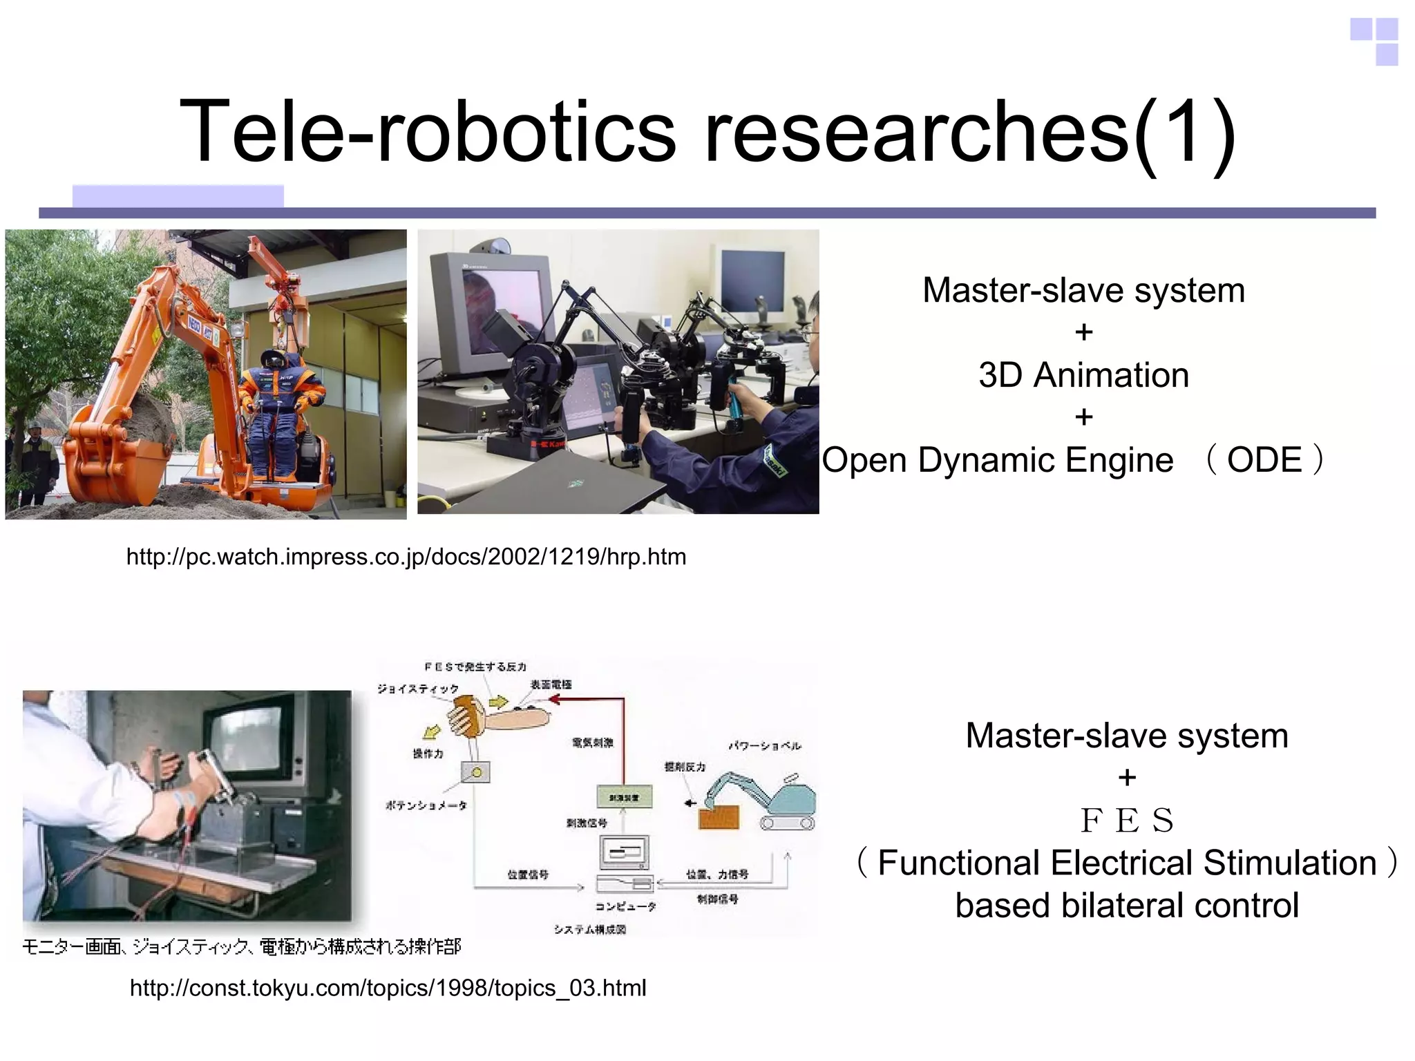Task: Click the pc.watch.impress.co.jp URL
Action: coord(406,557)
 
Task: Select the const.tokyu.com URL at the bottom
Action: coord(388,988)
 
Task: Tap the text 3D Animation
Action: coord(1083,375)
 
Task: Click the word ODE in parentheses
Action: coord(1264,460)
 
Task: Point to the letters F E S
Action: coord(1127,821)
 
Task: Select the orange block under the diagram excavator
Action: coord(719,818)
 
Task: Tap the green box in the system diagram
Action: coord(624,796)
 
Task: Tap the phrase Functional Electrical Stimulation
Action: coord(1127,863)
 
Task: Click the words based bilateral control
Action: coord(1127,906)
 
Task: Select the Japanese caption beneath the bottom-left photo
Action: coord(242,946)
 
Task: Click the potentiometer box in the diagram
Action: coord(476,772)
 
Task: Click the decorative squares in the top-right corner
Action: coord(1376,41)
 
